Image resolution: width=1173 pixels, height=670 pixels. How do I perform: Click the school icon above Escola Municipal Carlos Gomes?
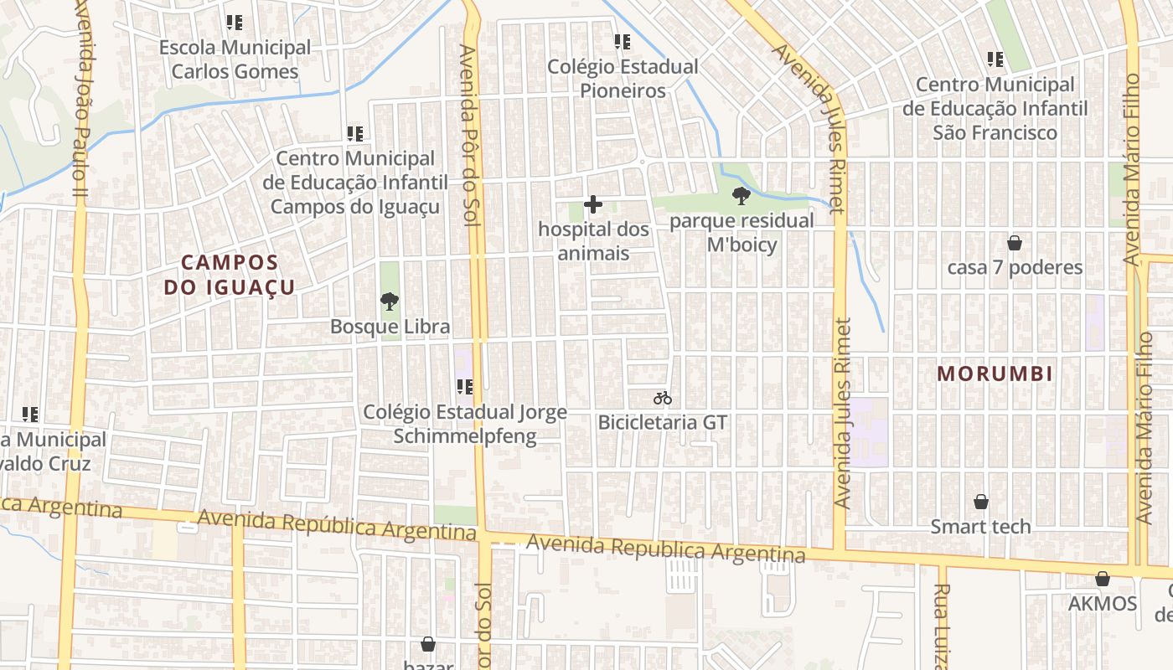point(235,23)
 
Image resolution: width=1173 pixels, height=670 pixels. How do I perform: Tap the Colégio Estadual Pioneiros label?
point(623,78)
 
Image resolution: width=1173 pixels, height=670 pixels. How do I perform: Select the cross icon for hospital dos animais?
point(593,204)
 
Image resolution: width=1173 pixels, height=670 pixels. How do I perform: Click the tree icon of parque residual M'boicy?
point(741,197)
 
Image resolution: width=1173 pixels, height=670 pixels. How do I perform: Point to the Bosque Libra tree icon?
point(389,301)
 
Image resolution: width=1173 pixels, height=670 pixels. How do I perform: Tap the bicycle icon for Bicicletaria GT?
point(663,398)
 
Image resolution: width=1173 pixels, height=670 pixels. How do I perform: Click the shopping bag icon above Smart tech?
point(981,502)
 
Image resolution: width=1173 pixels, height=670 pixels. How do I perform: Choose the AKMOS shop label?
point(1102,603)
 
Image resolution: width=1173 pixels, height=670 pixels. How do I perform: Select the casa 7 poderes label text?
point(1015,267)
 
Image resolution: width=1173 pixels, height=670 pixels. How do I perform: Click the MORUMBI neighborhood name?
point(995,374)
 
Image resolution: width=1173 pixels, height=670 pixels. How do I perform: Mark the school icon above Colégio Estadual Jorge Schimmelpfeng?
point(465,386)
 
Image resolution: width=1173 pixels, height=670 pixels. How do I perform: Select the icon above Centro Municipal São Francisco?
point(995,59)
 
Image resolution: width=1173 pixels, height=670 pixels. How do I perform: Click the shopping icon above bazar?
point(428,644)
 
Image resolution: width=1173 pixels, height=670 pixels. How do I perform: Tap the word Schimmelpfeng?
point(465,435)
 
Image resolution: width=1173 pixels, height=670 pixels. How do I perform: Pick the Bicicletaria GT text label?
point(662,422)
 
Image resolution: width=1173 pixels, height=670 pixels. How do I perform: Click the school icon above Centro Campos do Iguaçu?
point(355,133)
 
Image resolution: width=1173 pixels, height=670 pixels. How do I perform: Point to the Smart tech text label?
point(980,527)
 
